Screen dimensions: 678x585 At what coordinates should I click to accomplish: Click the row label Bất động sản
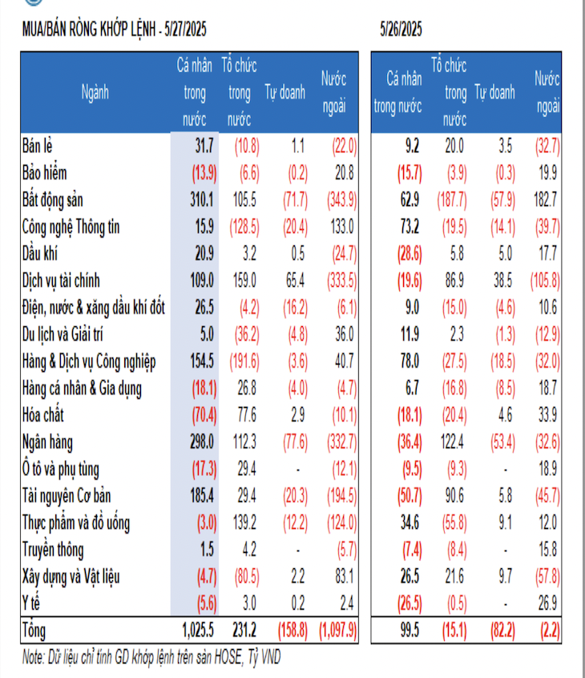click(x=52, y=200)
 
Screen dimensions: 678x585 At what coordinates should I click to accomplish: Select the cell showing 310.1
click(x=200, y=200)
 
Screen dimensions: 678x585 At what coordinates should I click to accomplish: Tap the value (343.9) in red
click(x=340, y=200)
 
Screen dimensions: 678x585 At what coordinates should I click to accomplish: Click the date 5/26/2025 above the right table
click(x=401, y=30)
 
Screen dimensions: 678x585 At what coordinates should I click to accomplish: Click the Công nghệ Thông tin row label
click(x=71, y=227)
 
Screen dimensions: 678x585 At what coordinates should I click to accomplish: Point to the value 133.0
click(x=342, y=227)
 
